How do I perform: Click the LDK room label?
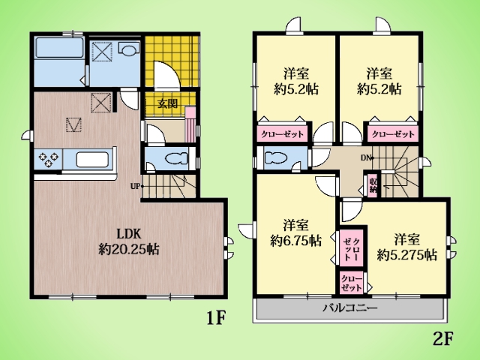pyautogui.click(x=129, y=234)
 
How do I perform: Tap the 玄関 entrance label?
pyautogui.click(x=167, y=103)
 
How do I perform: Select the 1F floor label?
pyautogui.click(x=216, y=318)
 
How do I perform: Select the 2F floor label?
pyautogui.click(x=442, y=338)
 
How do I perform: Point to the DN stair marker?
pyautogui.click(x=366, y=158)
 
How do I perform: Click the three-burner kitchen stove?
pyautogui.click(x=48, y=160)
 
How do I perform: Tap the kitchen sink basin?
pyautogui.click(x=92, y=160)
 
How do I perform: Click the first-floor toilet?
pyautogui.click(x=176, y=159)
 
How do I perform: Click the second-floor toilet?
pyautogui.click(x=276, y=158)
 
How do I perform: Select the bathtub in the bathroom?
pyautogui.click(x=59, y=47)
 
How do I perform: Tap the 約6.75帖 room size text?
pyautogui.click(x=295, y=241)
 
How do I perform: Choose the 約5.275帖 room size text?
pyautogui.click(x=406, y=254)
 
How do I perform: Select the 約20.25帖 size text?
pyautogui.click(x=129, y=249)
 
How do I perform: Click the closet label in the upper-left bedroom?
pyautogui.click(x=282, y=133)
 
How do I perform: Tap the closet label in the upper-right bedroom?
pyautogui.click(x=393, y=133)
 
